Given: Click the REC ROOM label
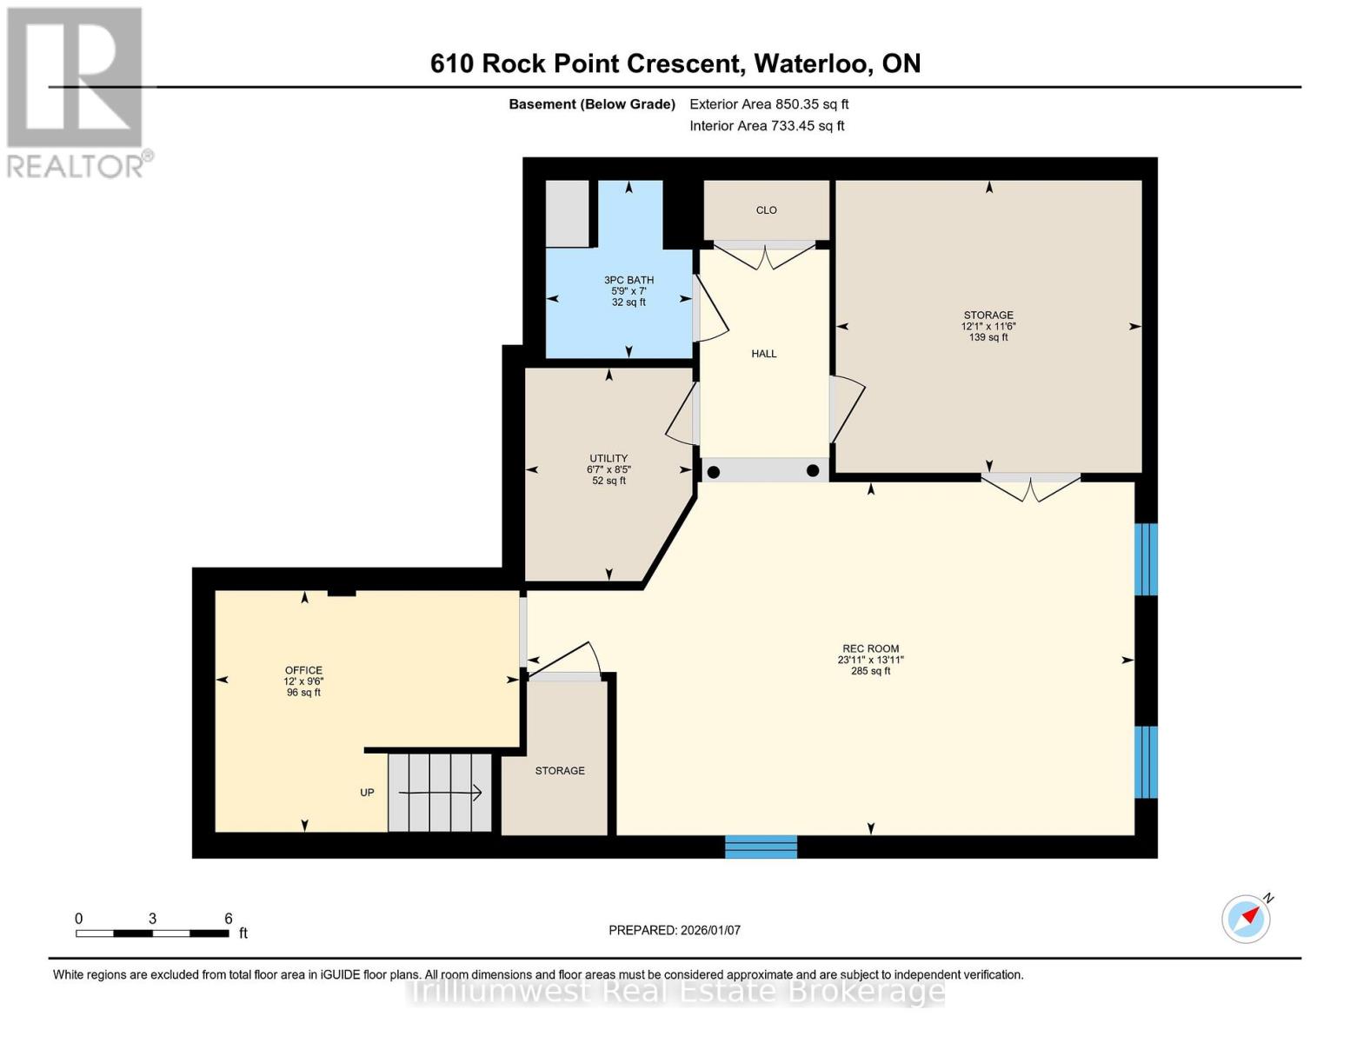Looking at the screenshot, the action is [x=870, y=648].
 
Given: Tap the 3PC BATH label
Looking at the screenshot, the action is [x=628, y=280].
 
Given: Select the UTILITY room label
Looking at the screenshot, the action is [x=608, y=458].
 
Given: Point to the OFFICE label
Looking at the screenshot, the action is [x=303, y=670].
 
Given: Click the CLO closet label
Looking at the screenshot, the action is [x=766, y=210].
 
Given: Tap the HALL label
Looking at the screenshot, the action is [x=763, y=354].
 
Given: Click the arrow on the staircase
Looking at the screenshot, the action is [x=440, y=793].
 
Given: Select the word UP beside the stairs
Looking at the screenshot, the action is [x=367, y=793].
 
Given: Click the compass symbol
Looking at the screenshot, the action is [x=1247, y=918].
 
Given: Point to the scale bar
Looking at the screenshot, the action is [x=152, y=933].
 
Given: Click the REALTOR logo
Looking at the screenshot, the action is [x=77, y=93].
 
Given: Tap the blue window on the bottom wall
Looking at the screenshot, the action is [x=761, y=847].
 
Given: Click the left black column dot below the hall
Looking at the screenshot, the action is [x=714, y=472].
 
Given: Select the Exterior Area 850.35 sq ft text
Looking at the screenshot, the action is [x=769, y=104].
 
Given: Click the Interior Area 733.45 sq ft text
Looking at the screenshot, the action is [x=768, y=126].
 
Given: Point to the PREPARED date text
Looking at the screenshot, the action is [x=675, y=930].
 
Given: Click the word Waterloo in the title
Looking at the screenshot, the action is [x=811, y=63].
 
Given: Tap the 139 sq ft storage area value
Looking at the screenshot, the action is [x=988, y=337].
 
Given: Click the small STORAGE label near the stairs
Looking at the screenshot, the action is [x=560, y=771].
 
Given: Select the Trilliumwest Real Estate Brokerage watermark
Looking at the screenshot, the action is [x=677, y=992].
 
